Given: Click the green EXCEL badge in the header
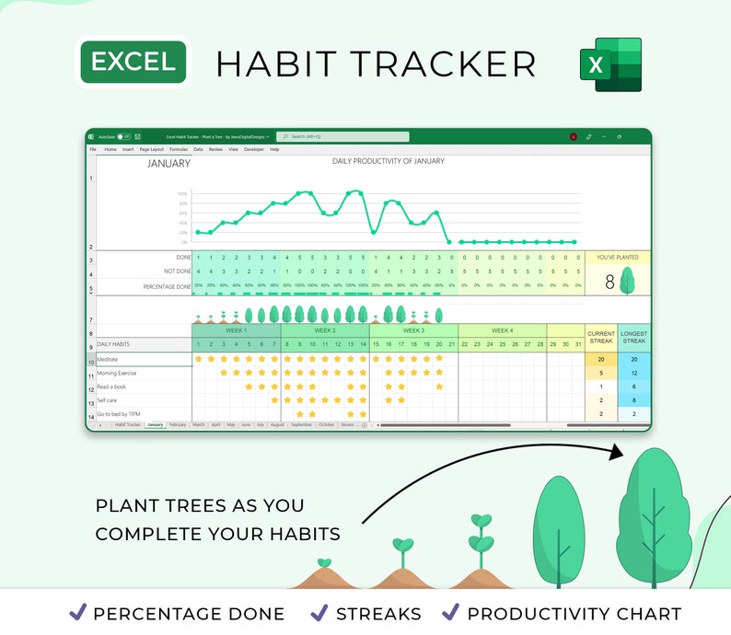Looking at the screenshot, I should coord(133,62).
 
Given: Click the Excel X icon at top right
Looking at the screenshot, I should coord(610,64).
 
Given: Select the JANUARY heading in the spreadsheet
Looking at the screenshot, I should coord(168,164).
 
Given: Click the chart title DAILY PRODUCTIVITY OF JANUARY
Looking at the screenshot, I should coord(388,161).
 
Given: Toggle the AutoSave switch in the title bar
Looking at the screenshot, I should coord(123,136).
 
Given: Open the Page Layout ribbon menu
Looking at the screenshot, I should coord(151,149).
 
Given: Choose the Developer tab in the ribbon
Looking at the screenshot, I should coord(254,149).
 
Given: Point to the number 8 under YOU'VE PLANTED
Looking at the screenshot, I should coord(609,283).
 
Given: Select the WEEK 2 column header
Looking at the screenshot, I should coord(325,330).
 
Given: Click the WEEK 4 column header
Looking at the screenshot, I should coord(502,330).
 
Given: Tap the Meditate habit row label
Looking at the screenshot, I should coord(108,359).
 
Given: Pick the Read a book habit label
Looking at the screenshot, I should coord(112,387).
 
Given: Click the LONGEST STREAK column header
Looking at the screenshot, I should coord(633,337).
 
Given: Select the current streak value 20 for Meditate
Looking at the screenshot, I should coord(600,360).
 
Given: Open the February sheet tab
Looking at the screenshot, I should coord(178,425).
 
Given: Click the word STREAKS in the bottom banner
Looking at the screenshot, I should coord(378,614).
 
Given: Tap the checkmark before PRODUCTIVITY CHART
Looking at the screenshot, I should coord(451,612).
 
